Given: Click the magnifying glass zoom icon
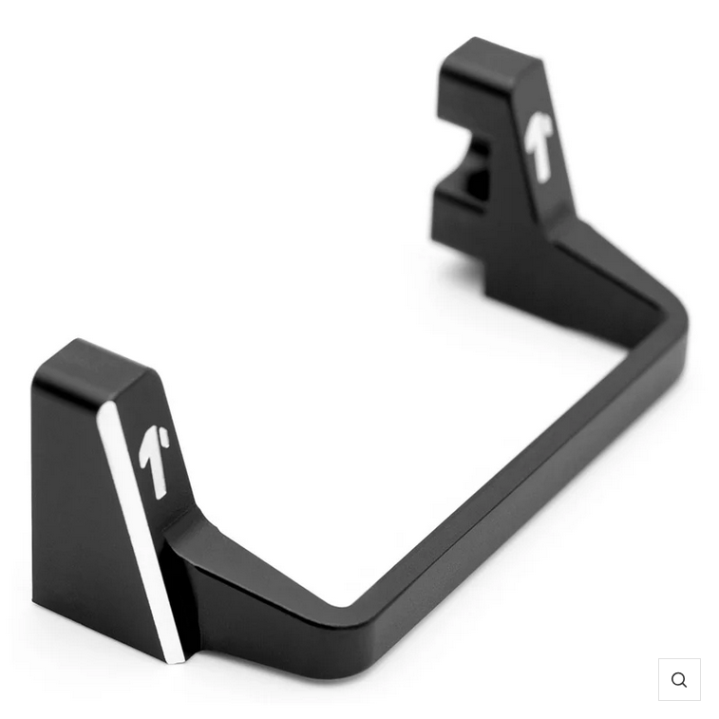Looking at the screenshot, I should click(x=679, y=679).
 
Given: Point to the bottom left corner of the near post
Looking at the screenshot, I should click(x=36, y=604).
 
